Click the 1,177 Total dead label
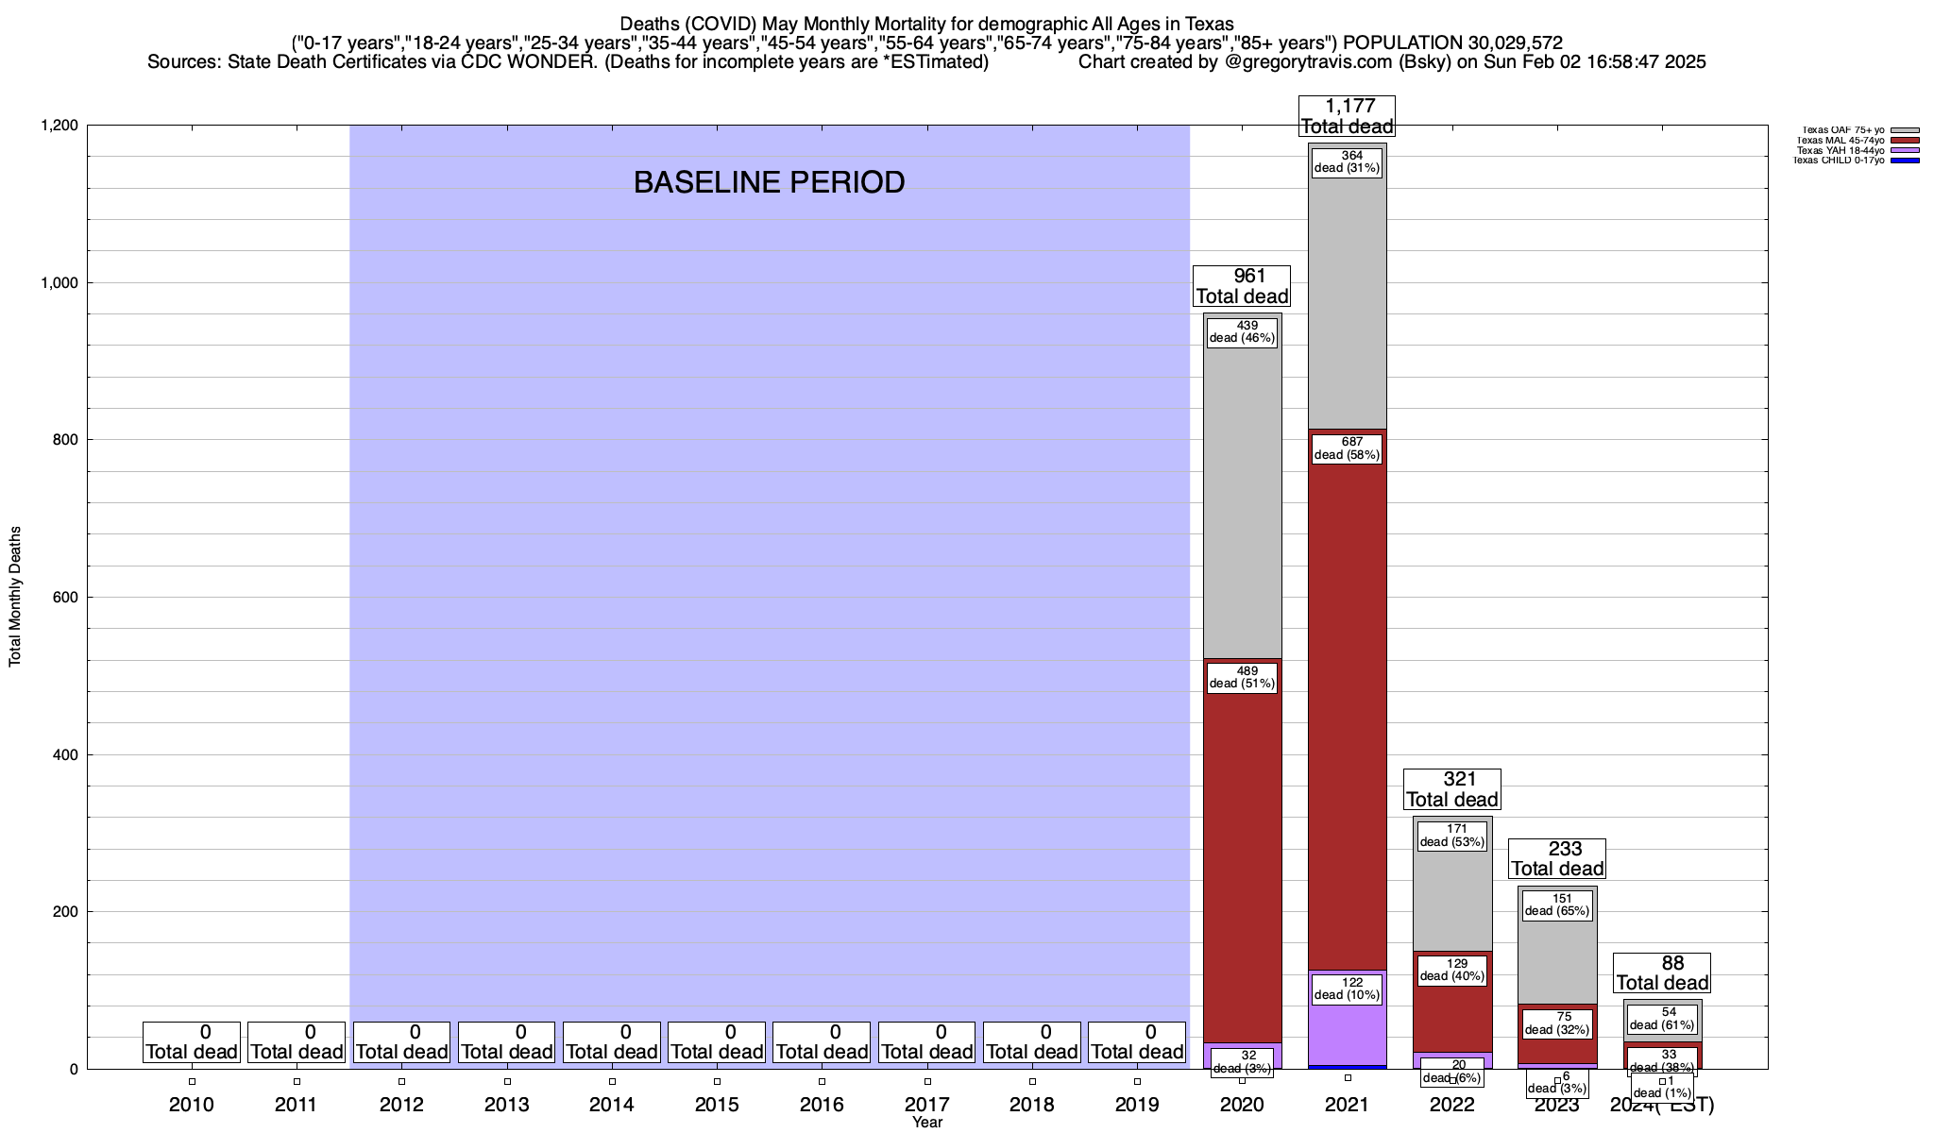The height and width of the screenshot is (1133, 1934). pyautogui.click(x=1347, y=116)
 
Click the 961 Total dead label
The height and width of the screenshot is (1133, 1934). pyautogui.click(x=1242, y=286)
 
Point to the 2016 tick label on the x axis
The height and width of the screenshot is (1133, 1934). pyautogui.click(x=822, y=1104)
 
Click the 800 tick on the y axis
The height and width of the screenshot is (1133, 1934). pyautogui.click(x=67, y=440)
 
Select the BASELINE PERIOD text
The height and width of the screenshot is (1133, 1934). pyautogui.click(x=769, y=182)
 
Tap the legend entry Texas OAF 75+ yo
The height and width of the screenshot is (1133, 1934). pyautogui.click(x=1841, y=130)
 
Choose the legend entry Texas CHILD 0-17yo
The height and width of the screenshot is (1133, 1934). pyautogui.click(x=1840, y=161)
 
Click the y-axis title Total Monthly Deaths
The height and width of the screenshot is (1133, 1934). pyautogui.click(x=15, y=597)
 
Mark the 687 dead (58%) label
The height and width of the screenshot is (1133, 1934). pyautogui.click(x=1347, y=448)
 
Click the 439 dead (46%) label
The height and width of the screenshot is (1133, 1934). pyautogui.click(x=1242, y=332)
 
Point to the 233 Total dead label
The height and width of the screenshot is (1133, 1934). pyautogui.click(x=1557, y=858)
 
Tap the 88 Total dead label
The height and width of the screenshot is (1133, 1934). pyautogui.click(x=1662, y=972)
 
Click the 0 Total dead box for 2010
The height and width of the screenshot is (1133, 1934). pyautogui.click(x=192, y=1041)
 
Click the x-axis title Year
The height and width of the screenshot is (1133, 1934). pyautogui.click(x=927, y=1123)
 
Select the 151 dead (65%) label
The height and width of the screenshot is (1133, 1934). pyautogui.click(x=1557, y=905)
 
